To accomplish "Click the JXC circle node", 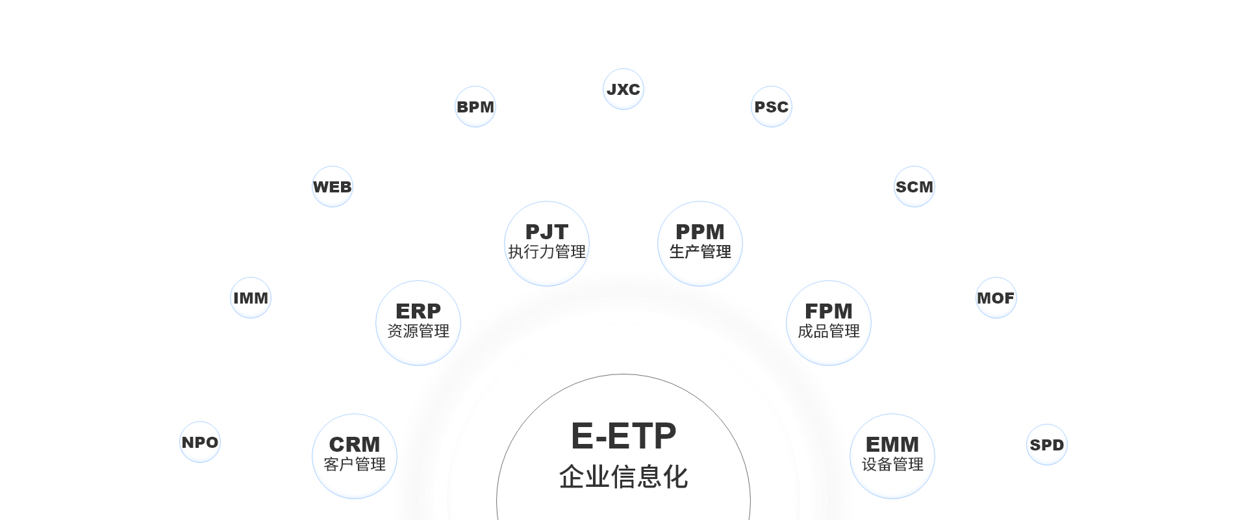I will tap(623, 89).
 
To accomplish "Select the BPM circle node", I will tap(475, 107).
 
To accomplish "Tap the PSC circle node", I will tap(771, 107).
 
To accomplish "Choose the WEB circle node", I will tap(332, 187).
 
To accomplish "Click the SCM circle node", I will tap(914, 187).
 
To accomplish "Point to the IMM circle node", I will tap(250, 298).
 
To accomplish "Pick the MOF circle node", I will tap(995, 298).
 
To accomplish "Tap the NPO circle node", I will tap(200, 442).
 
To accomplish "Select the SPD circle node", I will tap(1046, 445).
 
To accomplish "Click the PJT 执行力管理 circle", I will tap(547, 242).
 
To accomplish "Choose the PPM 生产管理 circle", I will tap(700, 242).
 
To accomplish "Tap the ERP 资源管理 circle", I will tap(418, 322).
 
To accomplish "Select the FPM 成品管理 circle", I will tap(828, 322).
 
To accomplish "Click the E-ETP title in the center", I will tap(623, 435).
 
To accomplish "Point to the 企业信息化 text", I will tap(623, 476).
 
